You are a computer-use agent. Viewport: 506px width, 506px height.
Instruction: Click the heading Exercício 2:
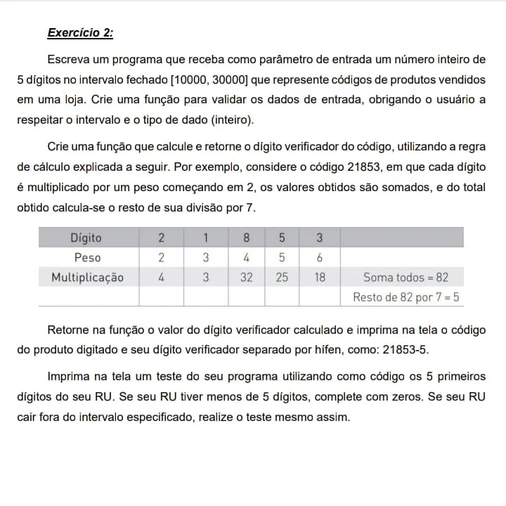80,33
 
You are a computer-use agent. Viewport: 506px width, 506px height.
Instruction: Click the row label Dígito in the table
87,238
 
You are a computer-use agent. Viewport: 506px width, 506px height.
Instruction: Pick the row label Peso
87,257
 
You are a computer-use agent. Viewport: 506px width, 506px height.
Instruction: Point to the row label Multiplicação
87,277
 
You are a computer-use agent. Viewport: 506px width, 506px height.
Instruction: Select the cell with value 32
246,277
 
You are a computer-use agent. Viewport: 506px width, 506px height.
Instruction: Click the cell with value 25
282,277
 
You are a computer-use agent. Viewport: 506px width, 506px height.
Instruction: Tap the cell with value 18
319,277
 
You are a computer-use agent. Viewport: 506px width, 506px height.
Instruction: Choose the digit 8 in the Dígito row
246,238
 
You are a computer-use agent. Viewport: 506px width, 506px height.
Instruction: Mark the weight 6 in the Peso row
319,257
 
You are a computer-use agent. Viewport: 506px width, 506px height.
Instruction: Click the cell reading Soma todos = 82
406,277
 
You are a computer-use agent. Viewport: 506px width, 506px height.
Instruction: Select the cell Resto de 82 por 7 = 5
406,297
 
